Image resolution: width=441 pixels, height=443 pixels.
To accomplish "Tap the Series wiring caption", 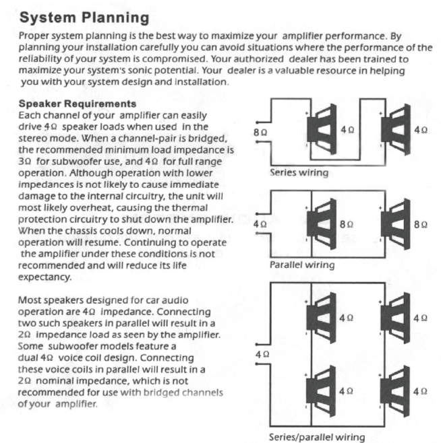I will (x=299, y=172).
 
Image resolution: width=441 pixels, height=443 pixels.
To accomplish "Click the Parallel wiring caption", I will (x=302, y=265).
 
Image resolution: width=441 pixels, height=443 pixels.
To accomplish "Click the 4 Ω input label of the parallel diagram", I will (x=260, y=223).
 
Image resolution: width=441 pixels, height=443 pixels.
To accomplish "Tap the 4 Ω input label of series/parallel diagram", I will (x=262, y=353).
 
